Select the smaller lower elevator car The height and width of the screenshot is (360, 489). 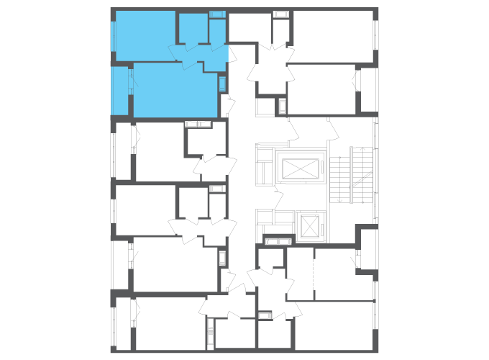click(310, 227)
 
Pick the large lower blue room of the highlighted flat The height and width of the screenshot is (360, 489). click(175, 90)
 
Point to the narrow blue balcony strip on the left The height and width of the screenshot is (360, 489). click(119, 90)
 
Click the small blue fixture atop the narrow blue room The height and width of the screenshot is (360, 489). click(216, 14)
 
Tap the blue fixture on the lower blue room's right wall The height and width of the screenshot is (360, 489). click(222, 84)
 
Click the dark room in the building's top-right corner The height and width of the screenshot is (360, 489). click(334, 36)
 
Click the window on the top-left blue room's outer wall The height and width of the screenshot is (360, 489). click(113, 36)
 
